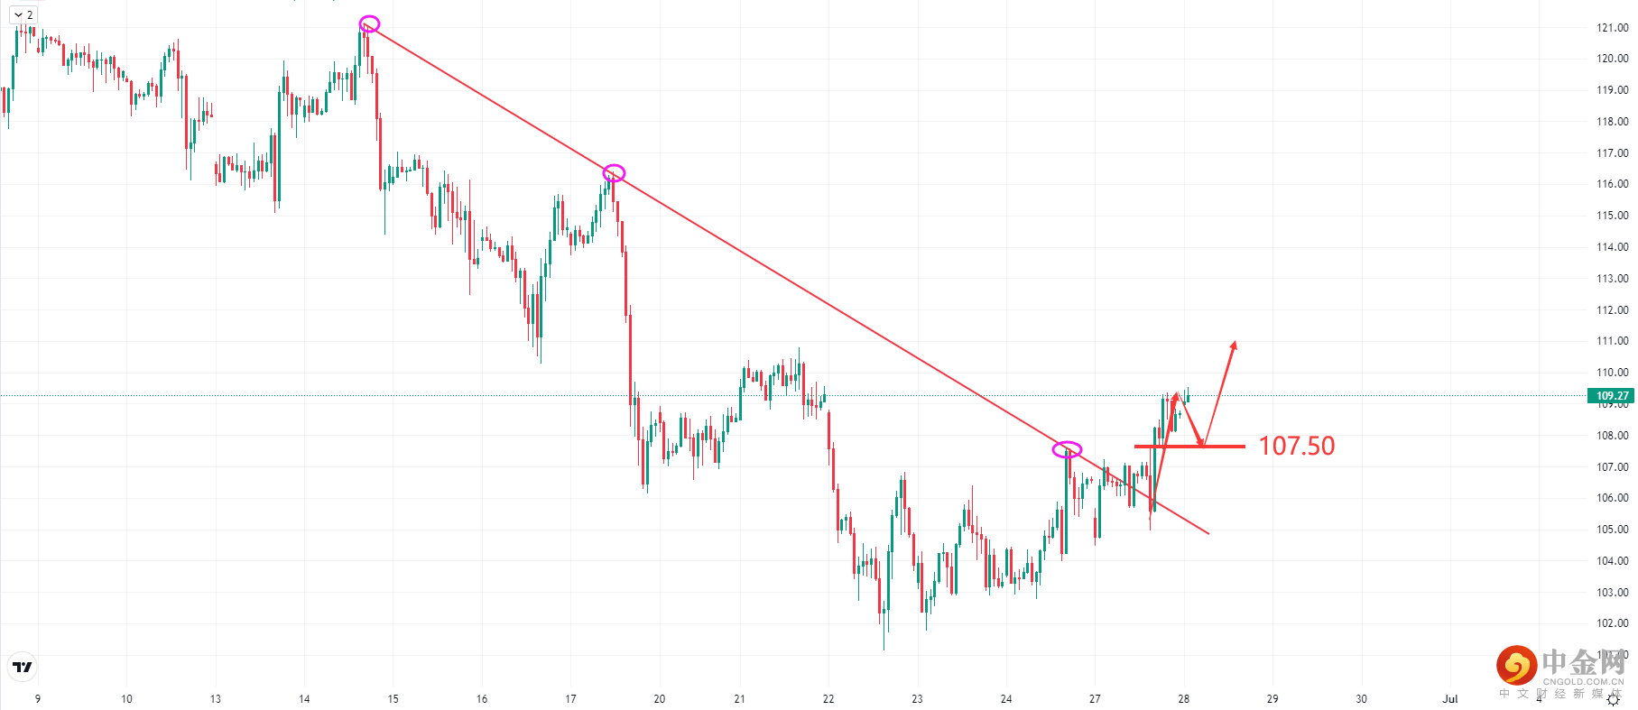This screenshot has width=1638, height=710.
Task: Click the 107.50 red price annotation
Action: tap(1296, 446)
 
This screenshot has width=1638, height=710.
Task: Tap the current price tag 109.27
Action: tap(1612, 395)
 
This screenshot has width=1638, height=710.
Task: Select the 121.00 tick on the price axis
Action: tap(1612, 27)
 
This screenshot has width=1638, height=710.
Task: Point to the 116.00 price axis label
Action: tap(1612, 184)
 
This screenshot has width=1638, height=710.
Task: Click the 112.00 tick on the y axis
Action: tap(1612, 309)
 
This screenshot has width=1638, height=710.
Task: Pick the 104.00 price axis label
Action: tap(1612, 561)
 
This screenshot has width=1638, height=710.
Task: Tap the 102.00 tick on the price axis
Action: tap(1612, 623)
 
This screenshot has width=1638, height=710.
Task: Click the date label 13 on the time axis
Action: tap(216, 699)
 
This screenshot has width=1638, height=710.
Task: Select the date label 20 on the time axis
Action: tap(660, 699)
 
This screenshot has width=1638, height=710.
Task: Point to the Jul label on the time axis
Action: tap(1450, 699)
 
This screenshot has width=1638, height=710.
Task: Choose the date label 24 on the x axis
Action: tap(1006, 699)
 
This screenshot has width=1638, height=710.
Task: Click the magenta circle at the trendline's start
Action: tap(369, 23)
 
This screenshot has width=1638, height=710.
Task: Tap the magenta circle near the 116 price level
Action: tap(614, 173)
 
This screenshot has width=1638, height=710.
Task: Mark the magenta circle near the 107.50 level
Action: tap(1067, 449)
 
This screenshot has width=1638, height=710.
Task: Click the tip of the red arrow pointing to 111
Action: tap(1235, 343)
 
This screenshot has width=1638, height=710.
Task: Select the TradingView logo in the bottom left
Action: tap(23, 667)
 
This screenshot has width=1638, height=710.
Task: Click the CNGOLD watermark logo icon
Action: tap(1516, 666)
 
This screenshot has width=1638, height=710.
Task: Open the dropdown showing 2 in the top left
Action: tap(23, 14)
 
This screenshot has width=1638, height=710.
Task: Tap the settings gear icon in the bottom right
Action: tap(1614, 699)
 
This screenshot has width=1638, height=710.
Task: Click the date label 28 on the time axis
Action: tap(1184, 699)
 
